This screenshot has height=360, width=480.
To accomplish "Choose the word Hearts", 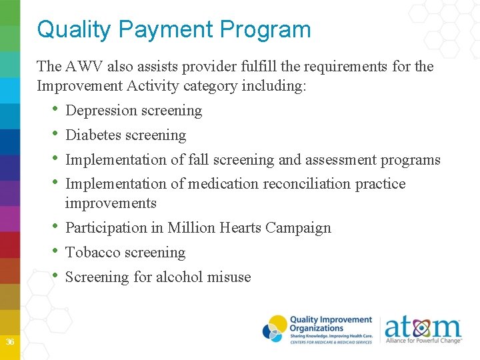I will tap(239, 228).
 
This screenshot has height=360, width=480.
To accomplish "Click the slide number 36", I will tap(10, 342).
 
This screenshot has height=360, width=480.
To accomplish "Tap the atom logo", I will tap(423, 329).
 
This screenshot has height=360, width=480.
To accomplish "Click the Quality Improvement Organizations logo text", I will tap(331, 325).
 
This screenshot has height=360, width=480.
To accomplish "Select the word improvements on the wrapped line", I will tap(111, 203).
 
